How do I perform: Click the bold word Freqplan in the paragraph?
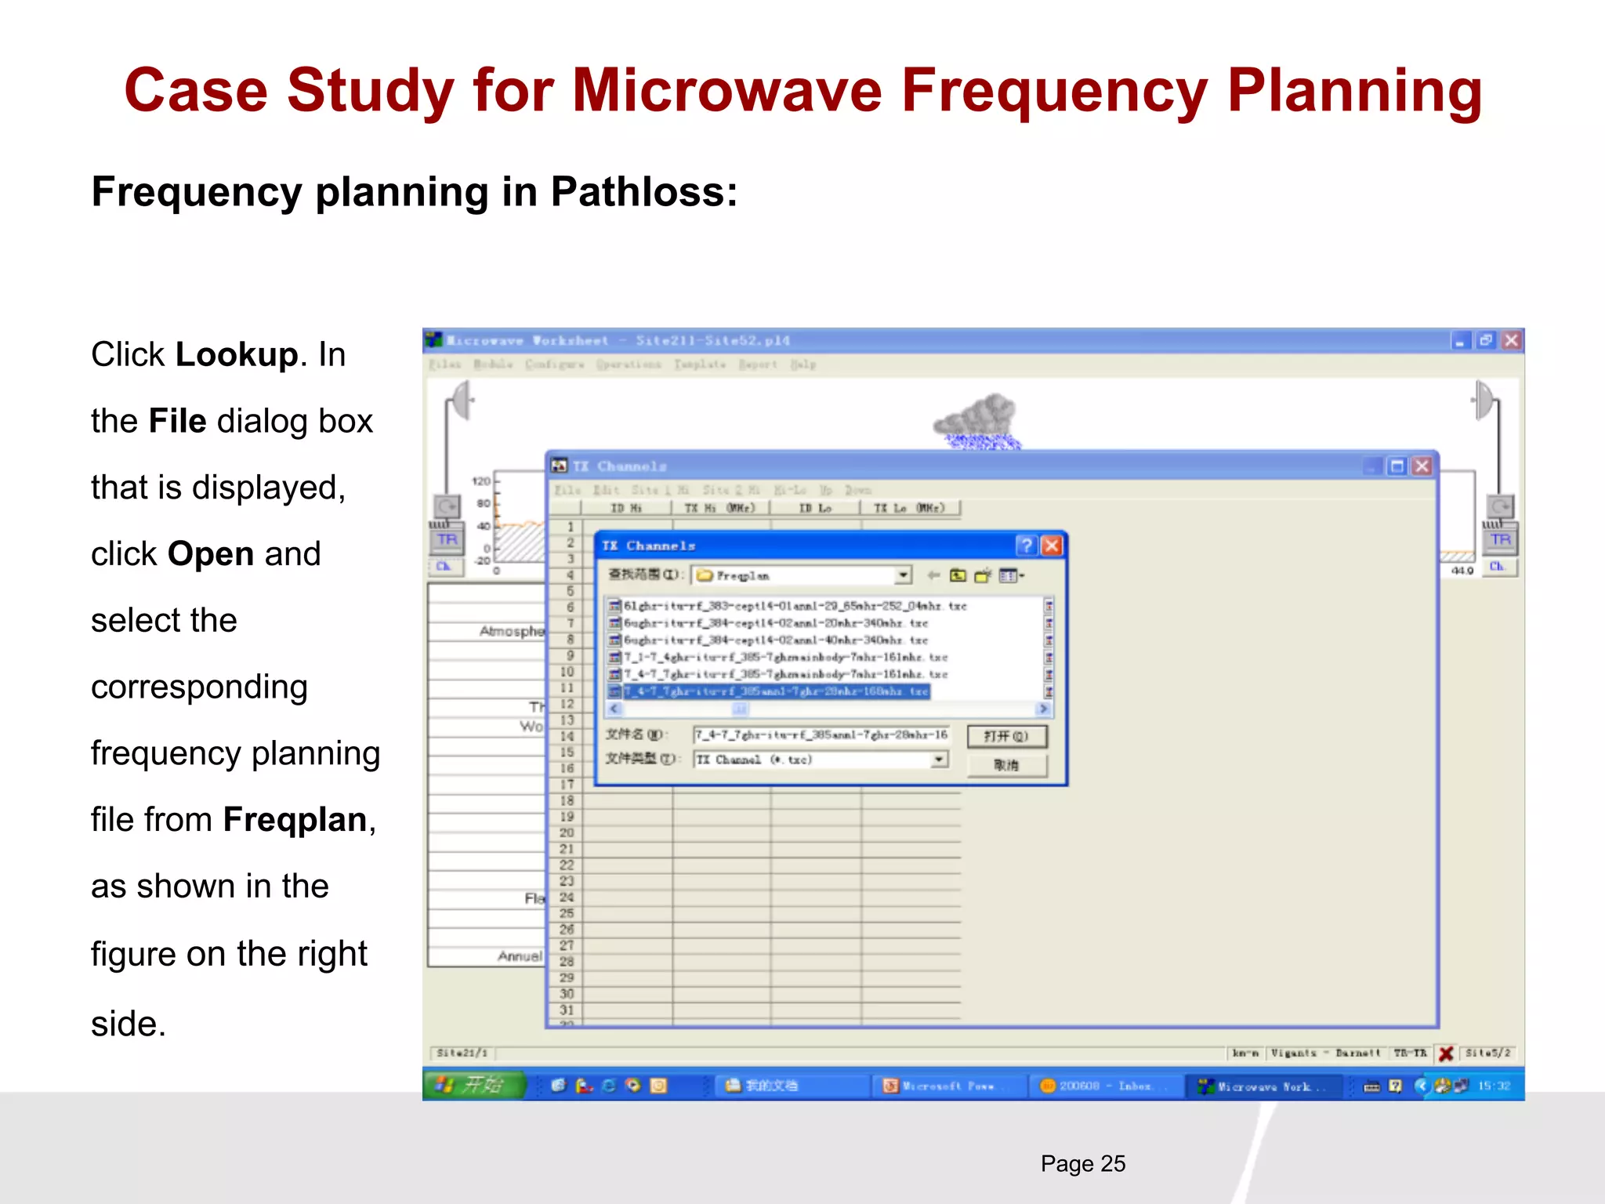tap(295, 820)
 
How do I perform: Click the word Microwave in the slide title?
tap(727, 91)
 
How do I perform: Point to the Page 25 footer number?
tap(1082, 1164)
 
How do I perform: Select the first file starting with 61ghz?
tap(792, 606)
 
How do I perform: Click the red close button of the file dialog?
tap(1052, 546)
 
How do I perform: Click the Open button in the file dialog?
tap(1006, 736)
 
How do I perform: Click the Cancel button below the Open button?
tap(1006, 765)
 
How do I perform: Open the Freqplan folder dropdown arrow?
tap(903, 575)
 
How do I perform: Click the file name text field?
tap(820, 735)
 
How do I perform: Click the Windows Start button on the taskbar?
tap(473, 1085)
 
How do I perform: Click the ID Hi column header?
tap(625, 508)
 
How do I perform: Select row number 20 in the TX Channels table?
tap(567, 832)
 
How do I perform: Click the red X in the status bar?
tap(1447, 1053)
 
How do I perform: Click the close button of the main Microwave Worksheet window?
tap(1512, 340)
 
